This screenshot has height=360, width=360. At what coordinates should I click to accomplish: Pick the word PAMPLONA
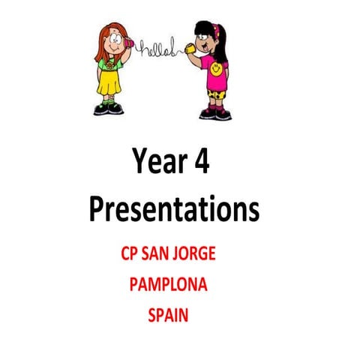tap(168, 285)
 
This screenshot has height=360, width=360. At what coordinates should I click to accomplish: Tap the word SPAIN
tap(168, 316)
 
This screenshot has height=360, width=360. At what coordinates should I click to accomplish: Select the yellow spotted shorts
tap(217, 93)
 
